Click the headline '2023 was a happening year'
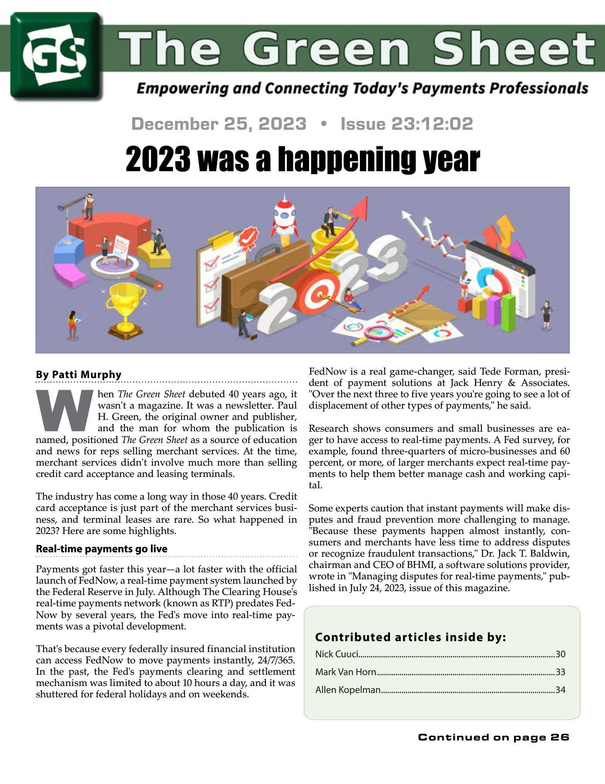pos(302,159)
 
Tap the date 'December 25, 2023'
pos(219,124)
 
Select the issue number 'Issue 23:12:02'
pos(407,124)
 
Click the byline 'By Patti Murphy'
pos(79,375)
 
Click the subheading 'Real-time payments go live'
pos(101,549)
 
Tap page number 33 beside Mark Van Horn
pos(560,672)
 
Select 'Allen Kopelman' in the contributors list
pos(348,689)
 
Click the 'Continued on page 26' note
pos(494,737)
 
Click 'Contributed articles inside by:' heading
pos(410,637)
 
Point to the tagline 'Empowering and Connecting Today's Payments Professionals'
pos(362,88)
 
